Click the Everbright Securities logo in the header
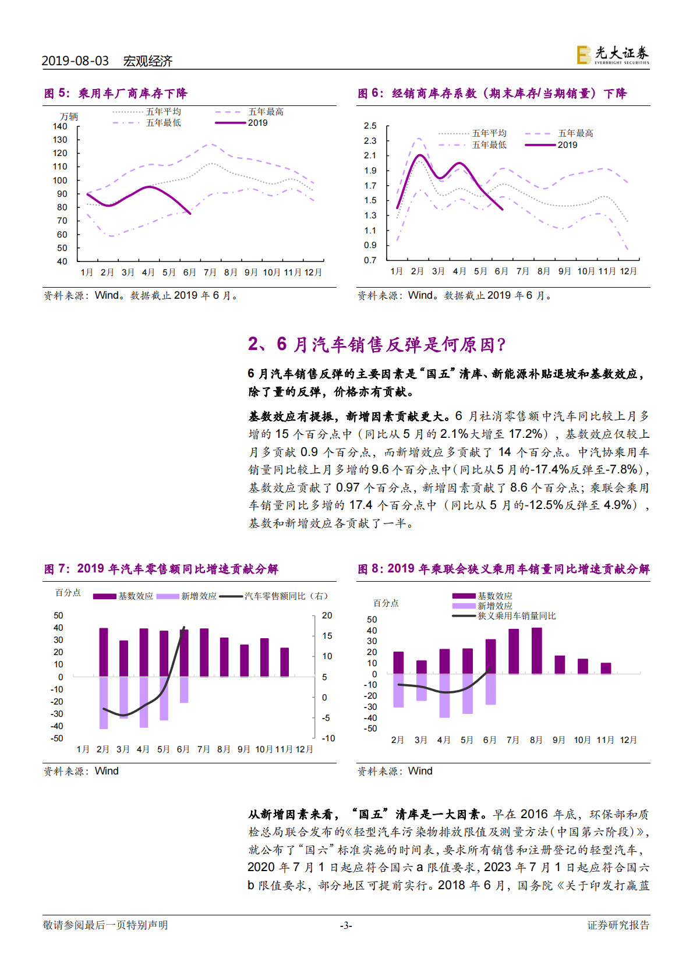click(613, 55)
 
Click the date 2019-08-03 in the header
click(75, 61)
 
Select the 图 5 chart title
click(115, 93)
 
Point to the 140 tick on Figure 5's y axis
click(60, 126)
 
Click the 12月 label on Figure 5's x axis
click(313, 273)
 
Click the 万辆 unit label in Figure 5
click(69, 116)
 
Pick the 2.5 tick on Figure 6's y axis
click(370, 126)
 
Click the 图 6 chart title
click(492, 93)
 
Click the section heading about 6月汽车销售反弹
click(377, 344)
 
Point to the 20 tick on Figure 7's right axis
click(327, 615)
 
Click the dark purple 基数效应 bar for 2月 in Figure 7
click(104, 652)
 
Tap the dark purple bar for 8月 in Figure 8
click(536, 650)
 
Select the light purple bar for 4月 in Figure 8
click(444, 695)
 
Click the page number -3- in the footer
click(346, 925)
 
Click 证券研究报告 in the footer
click(618, 925)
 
